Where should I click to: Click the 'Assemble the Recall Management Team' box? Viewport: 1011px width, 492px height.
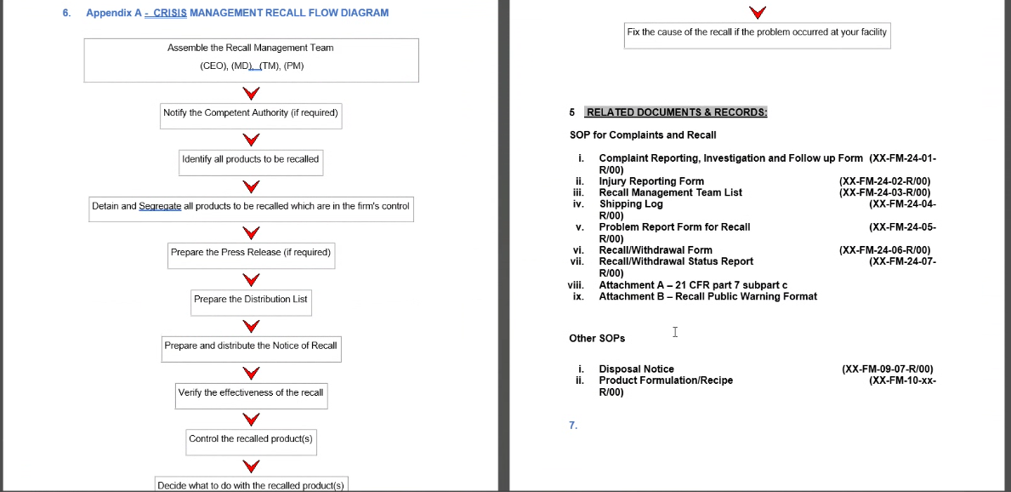tap(251, 60)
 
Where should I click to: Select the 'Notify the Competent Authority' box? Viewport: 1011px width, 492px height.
tap(251, 113)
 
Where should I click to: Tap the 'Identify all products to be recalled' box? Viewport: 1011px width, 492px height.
tap(251, 159)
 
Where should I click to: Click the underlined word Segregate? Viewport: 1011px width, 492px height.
tap(160, 206)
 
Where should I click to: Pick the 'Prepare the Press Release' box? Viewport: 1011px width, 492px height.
tap(251, 253)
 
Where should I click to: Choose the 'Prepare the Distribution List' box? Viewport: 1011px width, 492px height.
tap(251, 300)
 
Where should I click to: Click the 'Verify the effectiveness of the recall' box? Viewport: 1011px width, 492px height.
tap(251, 393)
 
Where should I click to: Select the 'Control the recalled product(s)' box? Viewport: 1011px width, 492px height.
tap(251, 439)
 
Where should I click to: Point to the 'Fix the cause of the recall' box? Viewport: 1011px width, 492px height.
tap(757, 32)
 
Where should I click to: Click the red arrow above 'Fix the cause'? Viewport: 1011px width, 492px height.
tap(757, 12)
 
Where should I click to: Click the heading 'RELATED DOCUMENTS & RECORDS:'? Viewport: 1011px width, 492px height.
tap(677, 112)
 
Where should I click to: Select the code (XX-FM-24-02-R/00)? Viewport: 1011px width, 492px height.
tap(884, 181)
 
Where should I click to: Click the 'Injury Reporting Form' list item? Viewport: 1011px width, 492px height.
tap(651, 181)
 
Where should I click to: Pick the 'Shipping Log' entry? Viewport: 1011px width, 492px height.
tap(631, 204)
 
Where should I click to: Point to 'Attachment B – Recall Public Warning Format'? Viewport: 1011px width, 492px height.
tap(707, 297)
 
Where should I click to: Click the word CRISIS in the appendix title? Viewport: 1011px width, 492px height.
tap(170, 14)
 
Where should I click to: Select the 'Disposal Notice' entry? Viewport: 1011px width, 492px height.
tap(636, 369)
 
